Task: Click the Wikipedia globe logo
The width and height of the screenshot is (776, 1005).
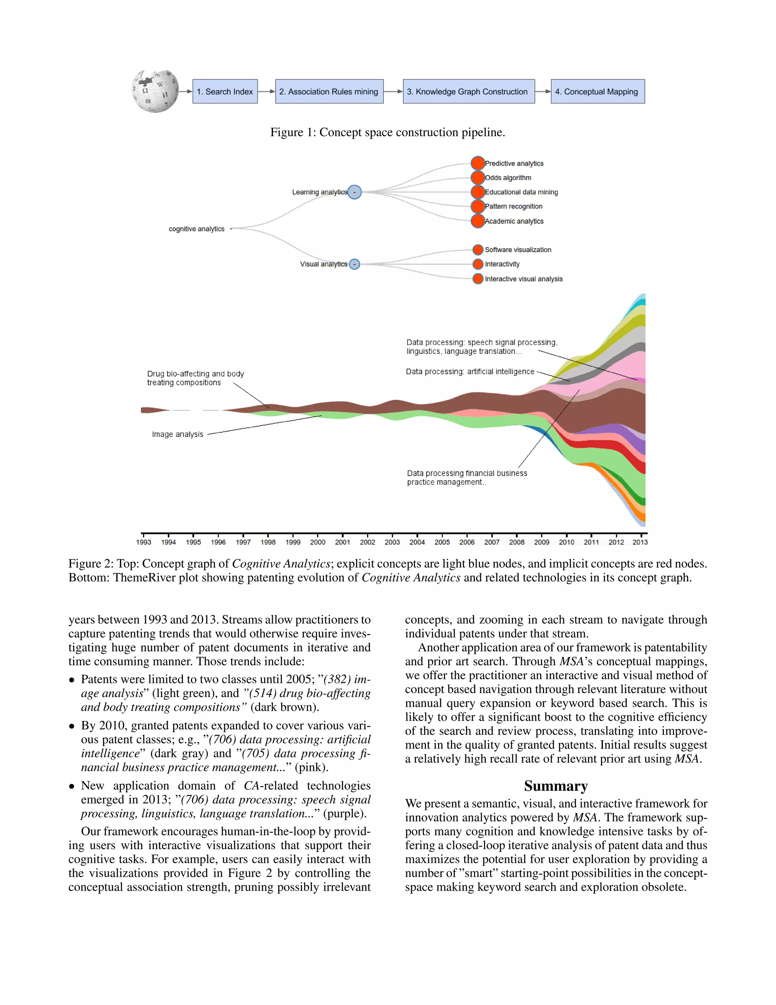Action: click(x=155, y=91)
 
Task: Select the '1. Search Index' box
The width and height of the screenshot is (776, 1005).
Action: click(x=225, y=91)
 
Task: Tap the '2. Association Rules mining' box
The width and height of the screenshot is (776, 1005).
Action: click(x=329, y=91)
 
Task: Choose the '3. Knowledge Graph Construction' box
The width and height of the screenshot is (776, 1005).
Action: click(x=468, y=91)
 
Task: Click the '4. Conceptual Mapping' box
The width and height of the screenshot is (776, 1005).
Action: click(x=597, y=91)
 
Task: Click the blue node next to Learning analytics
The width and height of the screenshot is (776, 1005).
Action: click(x=354, y=192)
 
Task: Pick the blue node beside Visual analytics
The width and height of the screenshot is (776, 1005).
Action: click(x=354, y=264)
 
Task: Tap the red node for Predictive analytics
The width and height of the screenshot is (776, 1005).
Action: click(x=478, y=163)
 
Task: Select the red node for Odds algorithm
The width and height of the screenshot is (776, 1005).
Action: click(x=478, y=177)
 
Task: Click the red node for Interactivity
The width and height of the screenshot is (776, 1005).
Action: click(x=478, y=264)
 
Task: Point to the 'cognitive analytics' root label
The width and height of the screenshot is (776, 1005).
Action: click(x=197, y=229)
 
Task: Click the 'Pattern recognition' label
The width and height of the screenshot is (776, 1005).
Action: click(x=513, y=206)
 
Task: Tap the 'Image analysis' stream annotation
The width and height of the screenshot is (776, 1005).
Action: click(x=177, y=434)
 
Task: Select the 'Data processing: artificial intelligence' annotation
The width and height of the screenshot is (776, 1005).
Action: click(x=470, y=371)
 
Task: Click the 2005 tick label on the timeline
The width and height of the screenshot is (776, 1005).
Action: click(x=442, y=542)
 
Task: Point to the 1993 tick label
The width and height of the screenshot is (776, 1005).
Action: click(x=144, y=542)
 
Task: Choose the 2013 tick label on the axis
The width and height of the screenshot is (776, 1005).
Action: click(x=640, y=542)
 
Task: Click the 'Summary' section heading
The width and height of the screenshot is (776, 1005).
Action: click(x=556, y=786)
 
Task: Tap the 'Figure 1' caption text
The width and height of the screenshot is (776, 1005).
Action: click(x=388, y=132)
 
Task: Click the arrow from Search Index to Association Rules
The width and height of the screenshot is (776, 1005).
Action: click(x=266, y=91)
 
